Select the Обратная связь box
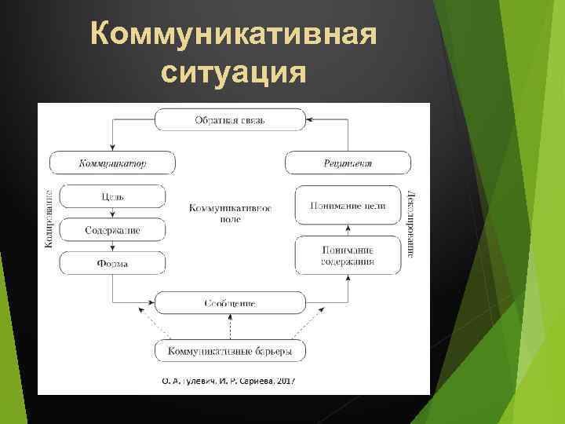coord(230,120)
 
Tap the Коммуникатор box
coord(112,163)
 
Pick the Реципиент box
coord(347,163)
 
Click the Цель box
coord(112,196)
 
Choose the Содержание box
coord(112,230)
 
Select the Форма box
coord(112,263)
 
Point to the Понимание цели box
coord(347,206)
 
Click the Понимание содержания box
coord(347,255)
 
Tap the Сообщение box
coord(230,302)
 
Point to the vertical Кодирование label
coord(49,218)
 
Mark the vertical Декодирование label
coord(410,224)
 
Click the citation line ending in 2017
coord(228,381)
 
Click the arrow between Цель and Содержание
coord(112,213)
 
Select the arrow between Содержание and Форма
coord(112,247)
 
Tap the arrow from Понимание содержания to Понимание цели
coord(347,230)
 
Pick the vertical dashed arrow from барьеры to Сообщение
coord(230,327)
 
